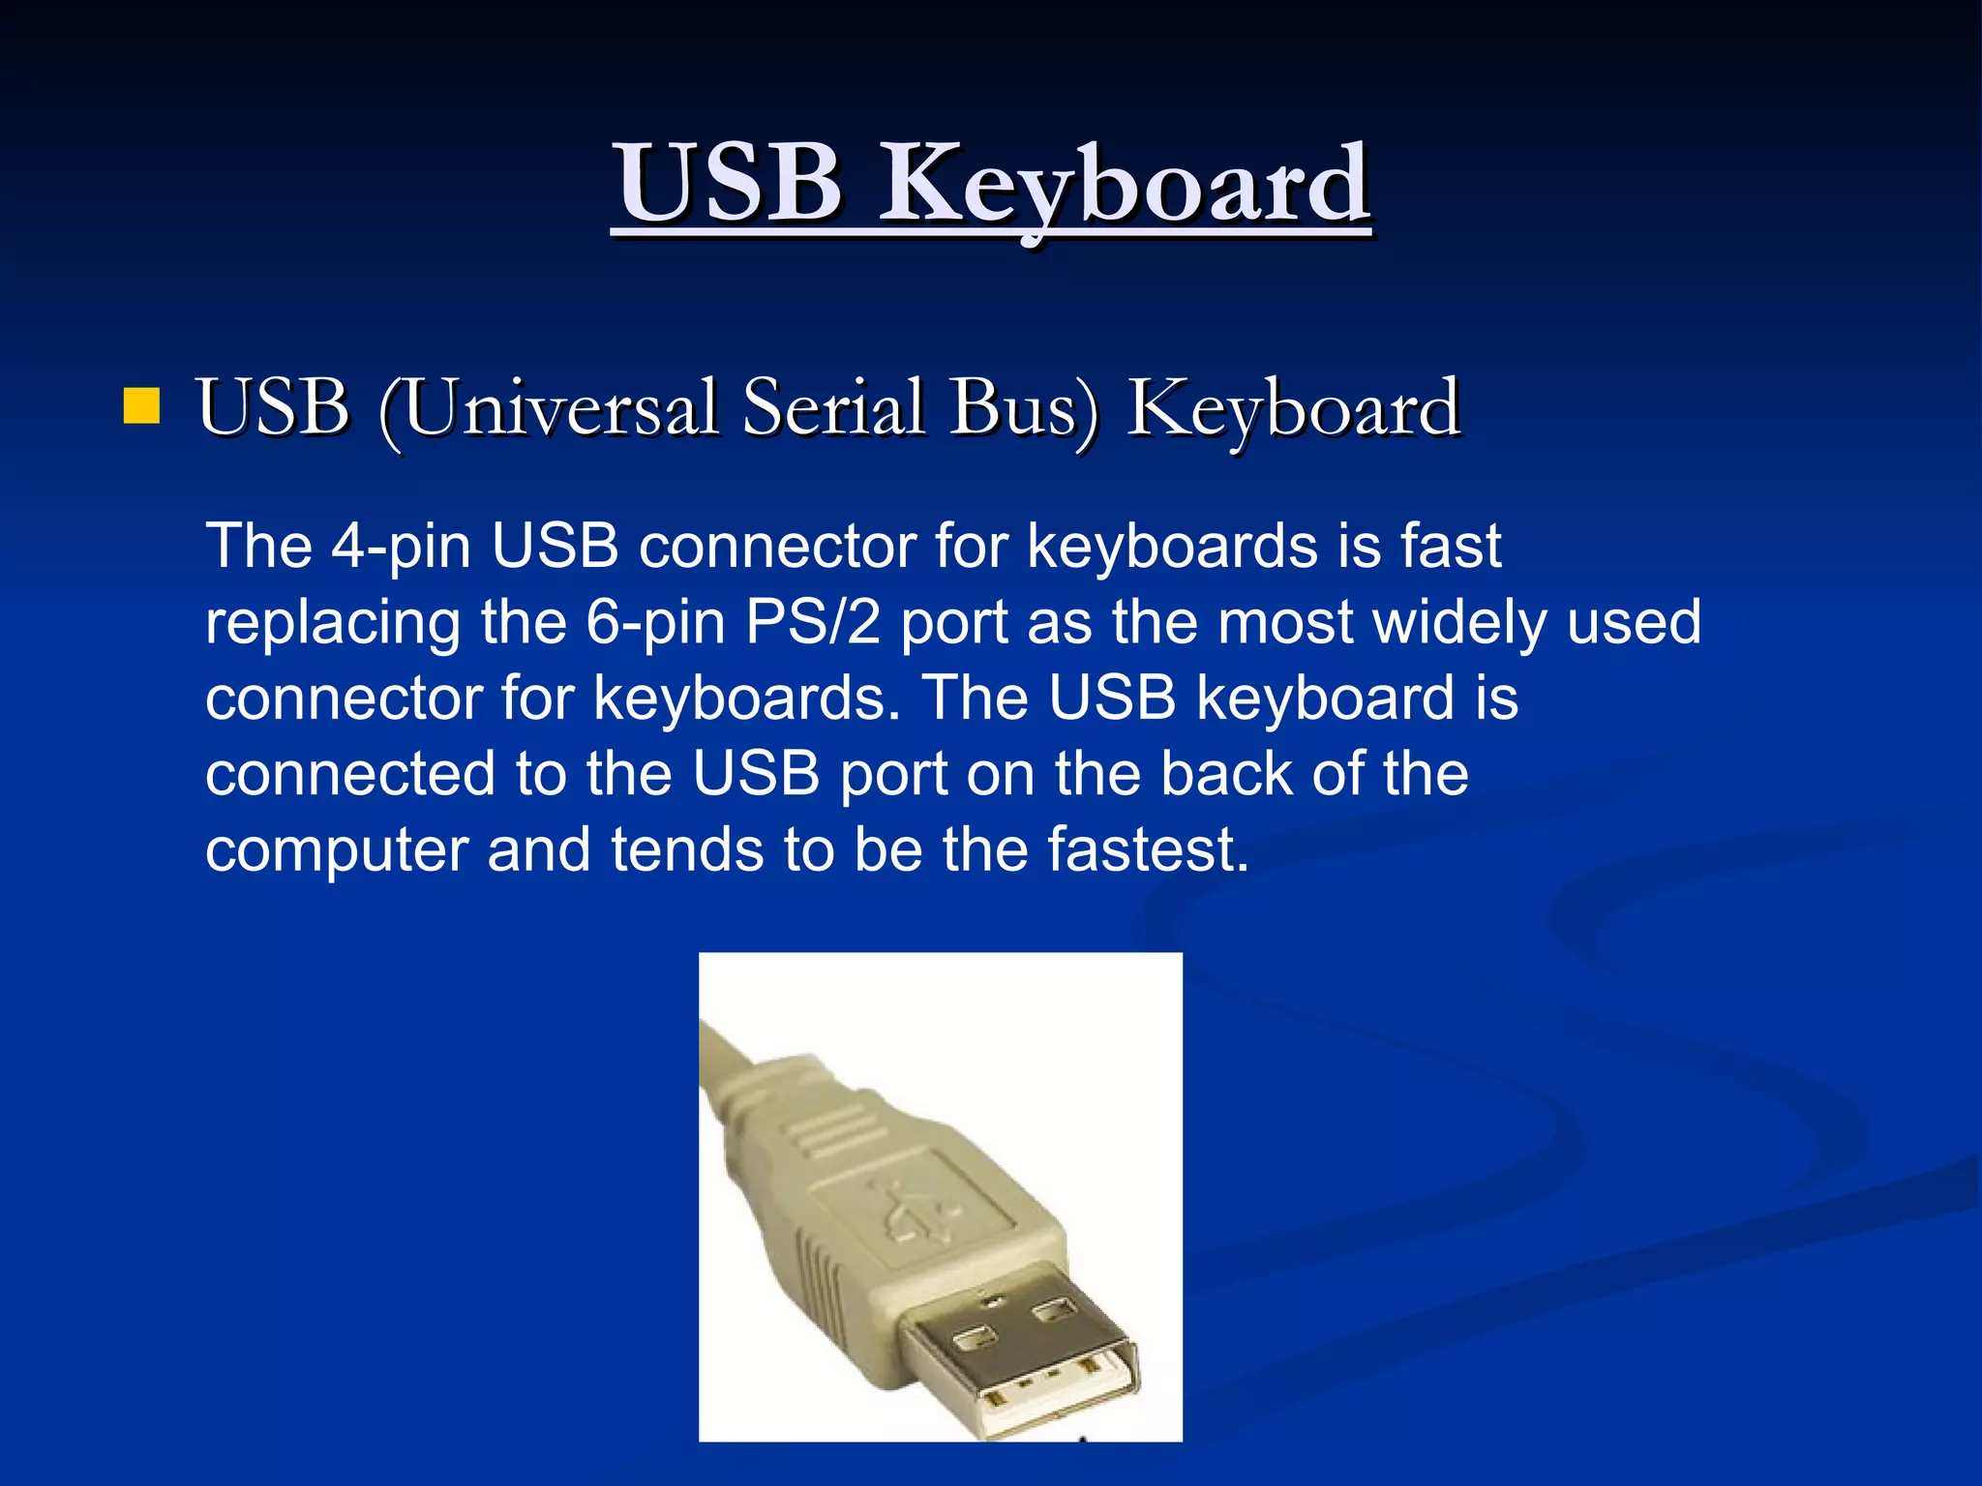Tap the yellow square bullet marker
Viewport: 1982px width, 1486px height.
tap(141, 406)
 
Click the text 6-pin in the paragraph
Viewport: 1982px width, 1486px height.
tap(655, 623)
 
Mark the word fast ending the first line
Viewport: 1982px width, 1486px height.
tap(1451, 546)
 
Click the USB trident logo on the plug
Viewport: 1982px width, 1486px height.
tap(915, 1209)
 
